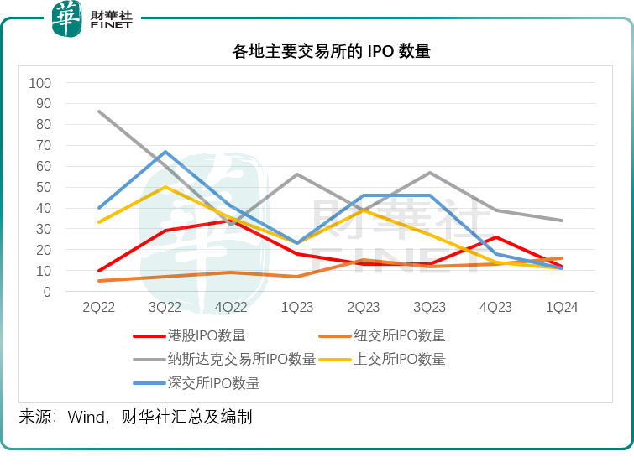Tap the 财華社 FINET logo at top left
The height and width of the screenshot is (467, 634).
(92, 19)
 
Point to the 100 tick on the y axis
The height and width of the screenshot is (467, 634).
(40, 83)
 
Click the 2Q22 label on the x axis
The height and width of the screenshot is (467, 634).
(99, 308)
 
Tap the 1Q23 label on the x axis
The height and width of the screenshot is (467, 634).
(297, 308)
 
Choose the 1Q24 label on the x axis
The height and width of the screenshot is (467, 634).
(562, 308)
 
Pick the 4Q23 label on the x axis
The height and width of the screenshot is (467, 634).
(495, 308)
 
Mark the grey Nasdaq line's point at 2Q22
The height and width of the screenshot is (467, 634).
(99, 112)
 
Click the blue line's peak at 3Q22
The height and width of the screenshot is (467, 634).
(165, 152)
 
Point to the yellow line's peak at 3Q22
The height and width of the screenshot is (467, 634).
(165, 187)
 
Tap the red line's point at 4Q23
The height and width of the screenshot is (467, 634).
(495, 237)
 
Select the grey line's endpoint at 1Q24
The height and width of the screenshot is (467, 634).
(562, 221)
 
